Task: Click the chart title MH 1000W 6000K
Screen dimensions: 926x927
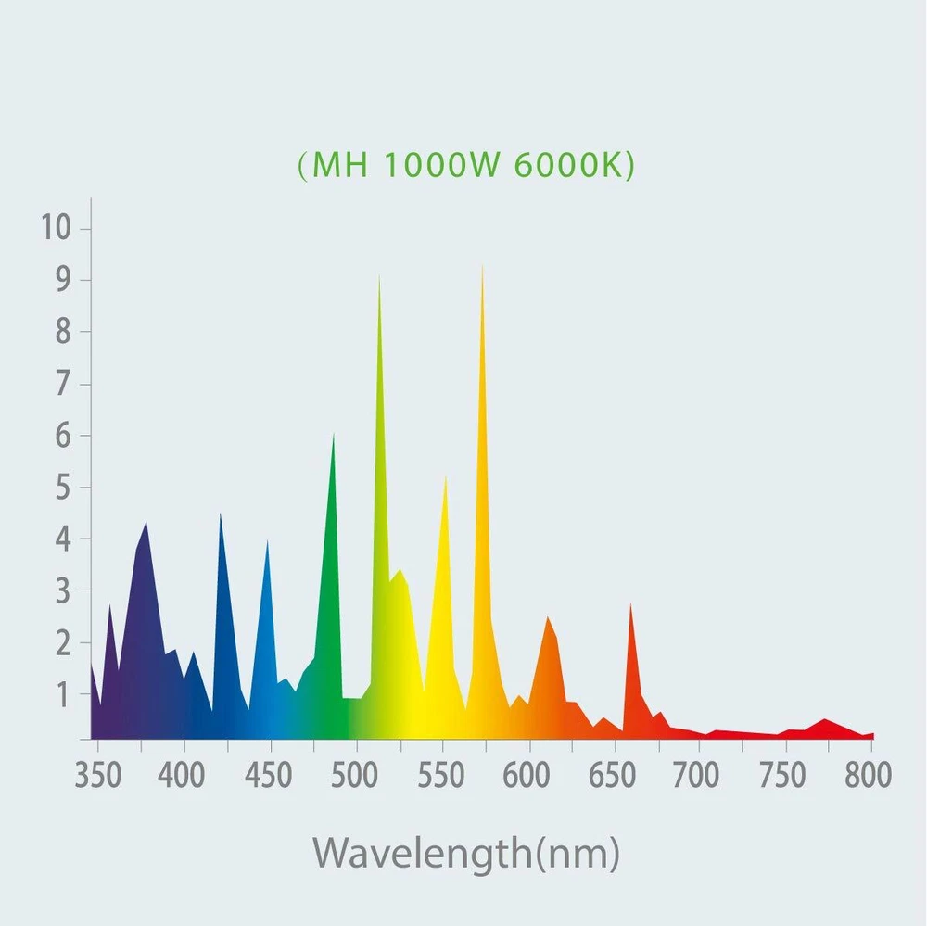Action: [x=466, y=165]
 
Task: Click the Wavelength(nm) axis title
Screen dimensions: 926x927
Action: [x=465, y=851]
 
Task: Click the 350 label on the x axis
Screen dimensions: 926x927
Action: [x=96, y=775]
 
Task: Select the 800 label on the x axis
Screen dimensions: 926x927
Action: [x=868, y=775]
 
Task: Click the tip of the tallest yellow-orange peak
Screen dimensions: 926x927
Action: [x=482, y=267]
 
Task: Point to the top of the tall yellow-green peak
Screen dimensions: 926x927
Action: [x=379, y=277]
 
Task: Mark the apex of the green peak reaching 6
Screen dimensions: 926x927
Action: [x=334, y=435]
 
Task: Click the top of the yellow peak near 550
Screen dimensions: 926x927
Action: [x=446, y=477]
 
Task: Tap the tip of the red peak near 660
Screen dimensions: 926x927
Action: [x=630, y=604]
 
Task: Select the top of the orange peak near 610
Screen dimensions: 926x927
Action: [x=548, y=617]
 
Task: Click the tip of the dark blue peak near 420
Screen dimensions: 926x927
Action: [x=220, y=514]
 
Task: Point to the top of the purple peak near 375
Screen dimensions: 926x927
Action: [x=146, y=523]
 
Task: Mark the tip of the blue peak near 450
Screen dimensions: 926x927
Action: [x=268, y=541]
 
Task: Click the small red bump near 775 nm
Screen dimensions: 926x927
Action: [x=824, y=719]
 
